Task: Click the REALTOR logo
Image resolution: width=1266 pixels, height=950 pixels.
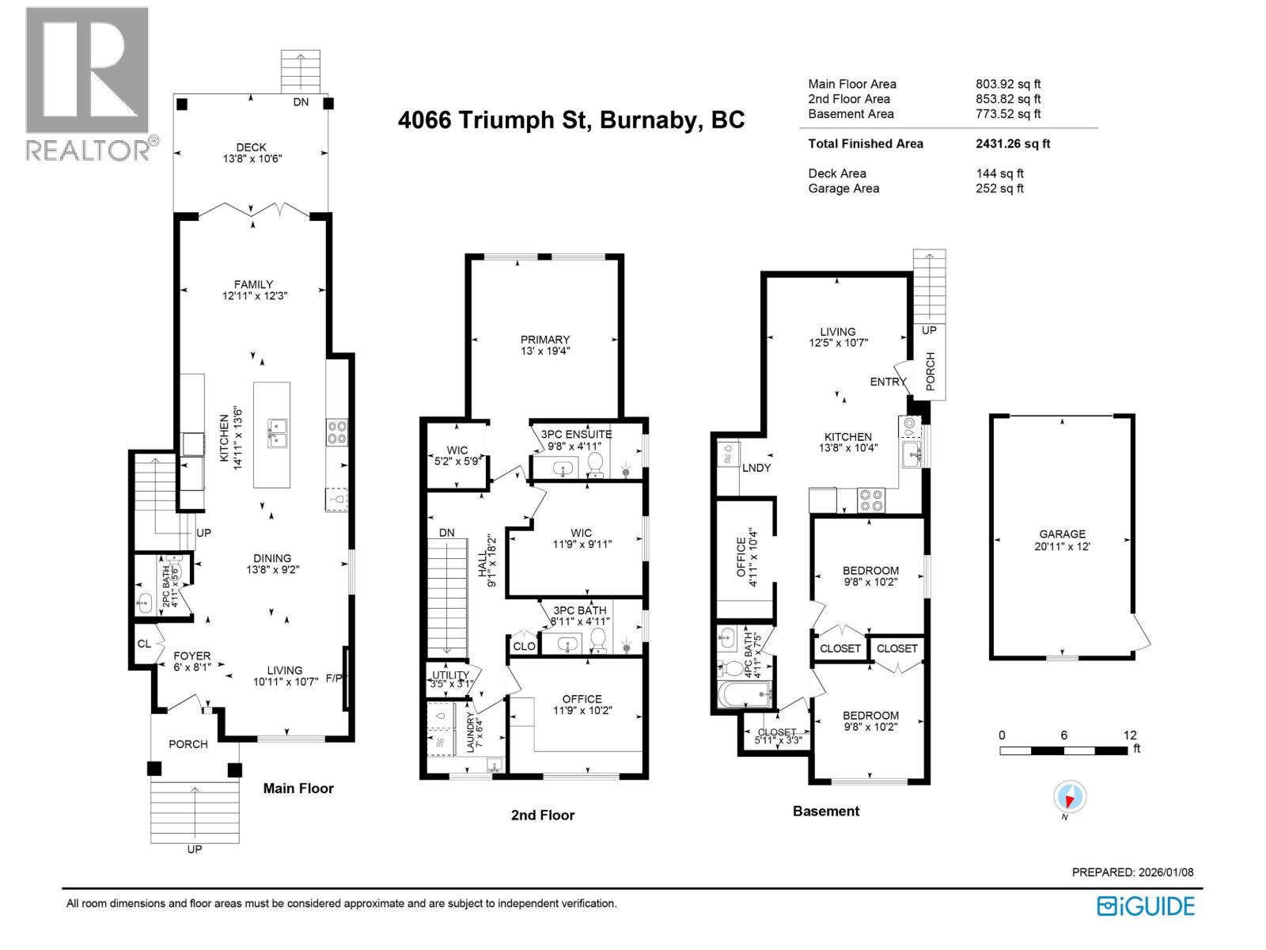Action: pos(88,83)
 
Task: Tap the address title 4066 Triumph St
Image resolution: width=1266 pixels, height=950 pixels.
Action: pos(570,120)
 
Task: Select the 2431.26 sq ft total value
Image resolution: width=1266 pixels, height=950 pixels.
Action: pos(1013,143)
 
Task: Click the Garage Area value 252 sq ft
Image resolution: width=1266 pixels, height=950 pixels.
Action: pos(999,188)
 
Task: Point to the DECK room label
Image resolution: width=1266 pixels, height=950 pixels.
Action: pos(251,147)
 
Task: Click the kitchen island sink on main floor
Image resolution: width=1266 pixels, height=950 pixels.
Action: pos(276,434)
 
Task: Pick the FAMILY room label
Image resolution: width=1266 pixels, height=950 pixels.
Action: pos(253,284)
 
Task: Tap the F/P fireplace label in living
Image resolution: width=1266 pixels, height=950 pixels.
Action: pos(335,678)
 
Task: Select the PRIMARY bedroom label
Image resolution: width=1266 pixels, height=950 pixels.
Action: pos(545,340)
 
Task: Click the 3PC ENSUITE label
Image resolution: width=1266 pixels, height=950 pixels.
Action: pos(576,434)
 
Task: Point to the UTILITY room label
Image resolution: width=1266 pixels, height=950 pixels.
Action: pos(450,674)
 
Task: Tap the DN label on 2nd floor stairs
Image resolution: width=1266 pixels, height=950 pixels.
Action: pos(447,533)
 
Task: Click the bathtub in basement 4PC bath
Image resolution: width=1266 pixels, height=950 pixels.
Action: pos(744,695)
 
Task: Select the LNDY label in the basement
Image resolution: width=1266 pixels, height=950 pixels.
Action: pos(756,468)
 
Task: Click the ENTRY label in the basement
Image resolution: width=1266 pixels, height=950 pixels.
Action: pos(888,382)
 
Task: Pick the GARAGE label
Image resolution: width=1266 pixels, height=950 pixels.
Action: pos(1062,534)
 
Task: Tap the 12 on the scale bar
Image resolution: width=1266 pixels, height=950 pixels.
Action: pos(1129,735)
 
